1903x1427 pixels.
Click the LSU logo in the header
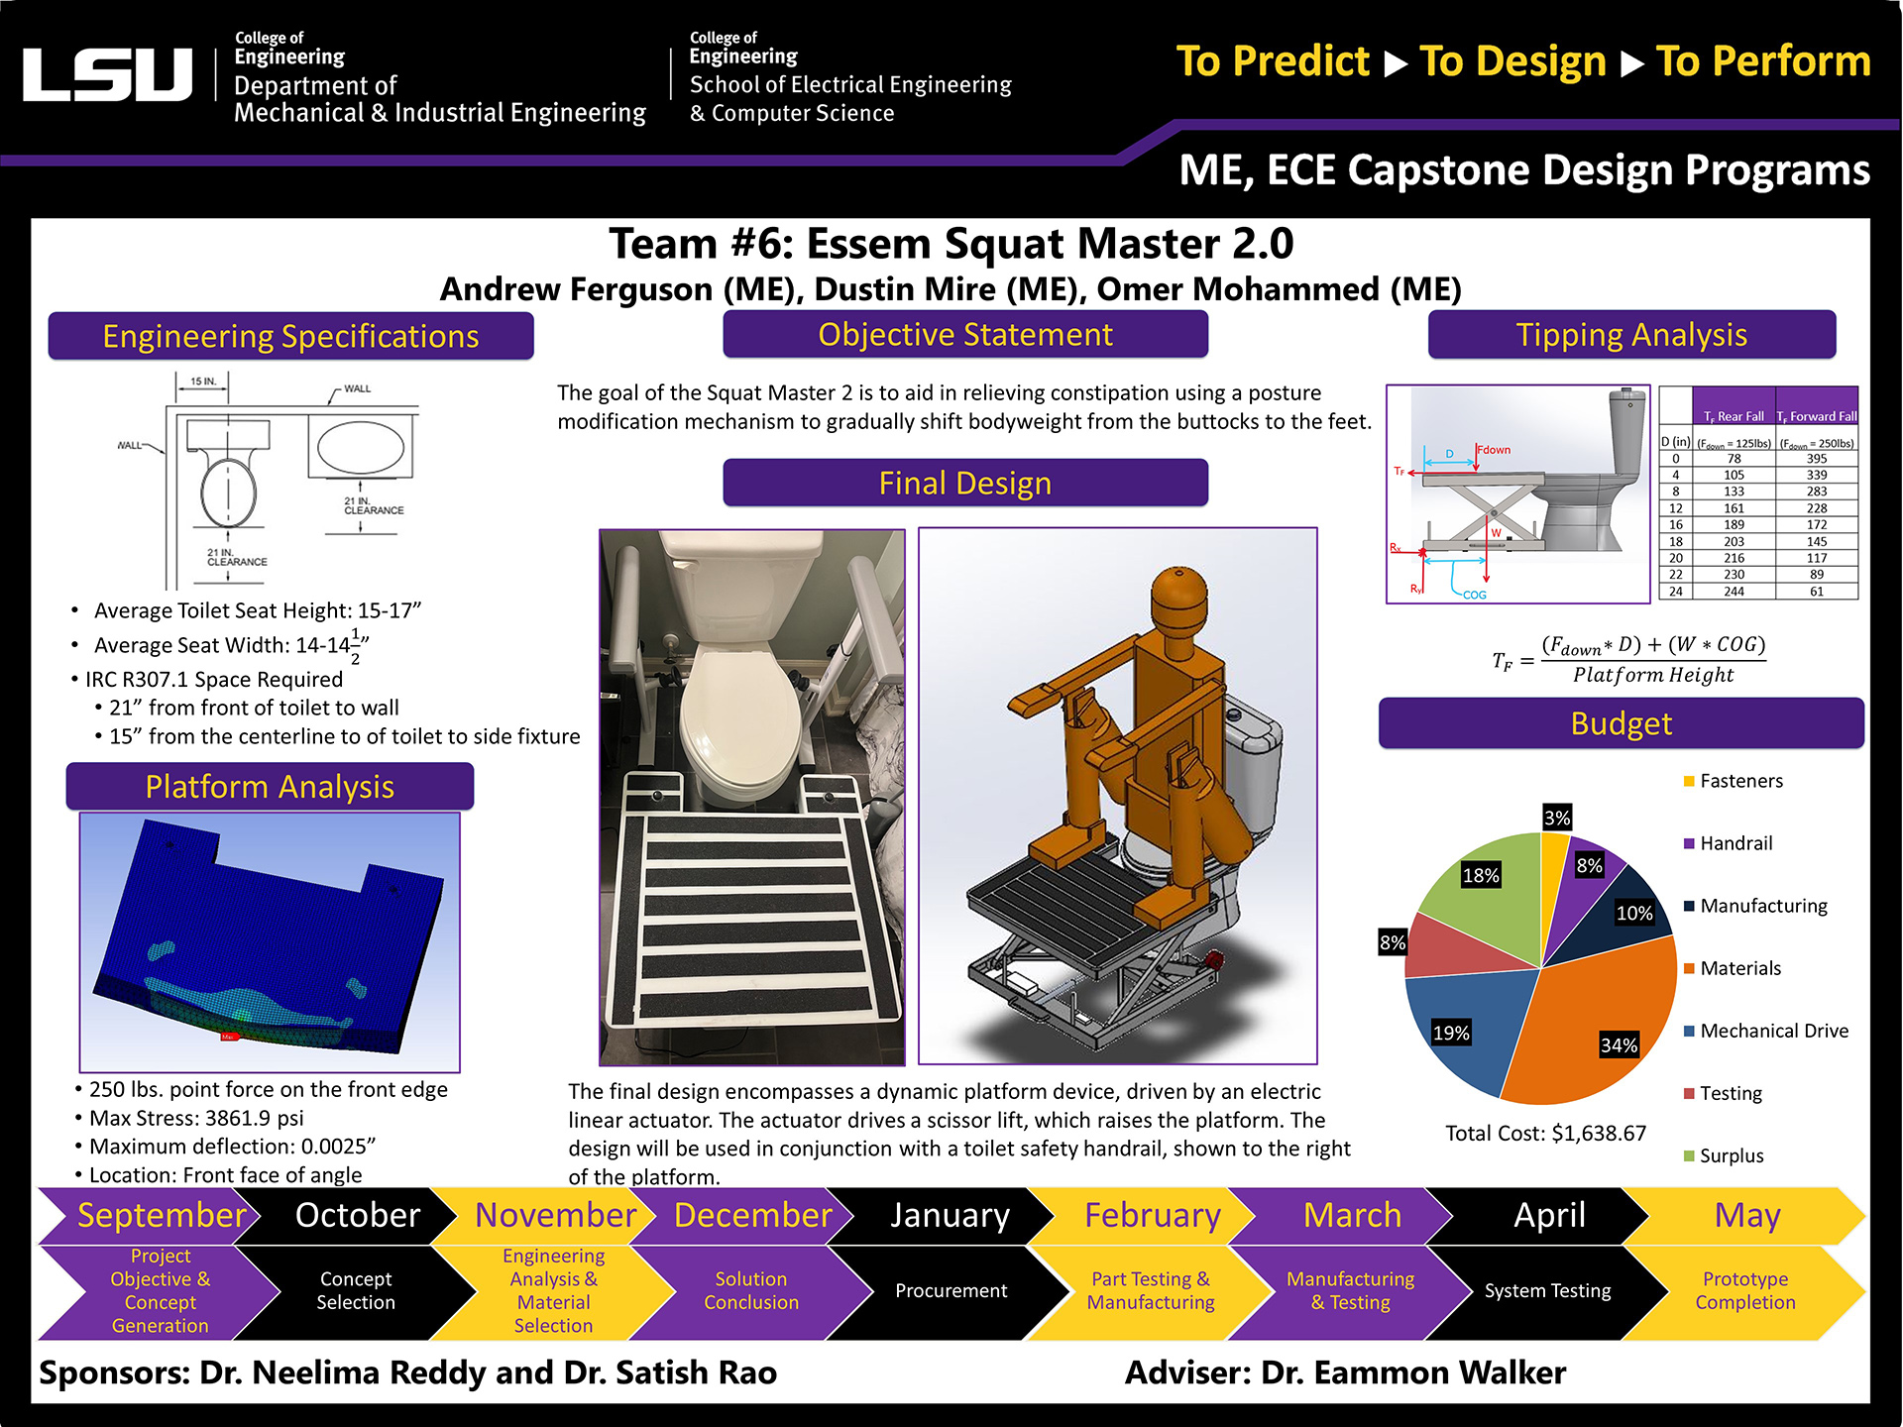107,75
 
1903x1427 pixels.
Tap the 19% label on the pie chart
1450,1033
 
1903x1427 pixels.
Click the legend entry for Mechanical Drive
1773,1031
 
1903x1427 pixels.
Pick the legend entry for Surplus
1731,1155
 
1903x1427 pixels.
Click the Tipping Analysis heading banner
1630,335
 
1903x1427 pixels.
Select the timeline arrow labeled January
949,1216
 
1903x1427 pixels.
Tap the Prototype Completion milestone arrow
1744,1291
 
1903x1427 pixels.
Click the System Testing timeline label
1547,1291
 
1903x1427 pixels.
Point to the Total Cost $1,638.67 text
1545,1133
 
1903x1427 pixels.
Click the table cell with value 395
1816,459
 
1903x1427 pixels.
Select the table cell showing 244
1734,592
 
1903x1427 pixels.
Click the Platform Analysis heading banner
270,787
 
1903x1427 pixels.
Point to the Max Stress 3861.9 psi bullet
196,1118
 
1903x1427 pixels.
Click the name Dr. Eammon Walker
1412,1372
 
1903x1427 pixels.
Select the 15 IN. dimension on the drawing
202,382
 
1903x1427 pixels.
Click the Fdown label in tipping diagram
1494,450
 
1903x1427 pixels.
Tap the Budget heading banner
1621,723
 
